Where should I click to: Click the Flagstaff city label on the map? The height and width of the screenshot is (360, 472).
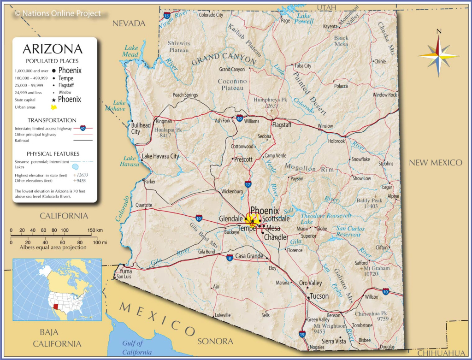282,124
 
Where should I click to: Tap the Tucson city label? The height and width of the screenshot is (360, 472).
319,296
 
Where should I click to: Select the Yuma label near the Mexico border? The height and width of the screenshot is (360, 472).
125,271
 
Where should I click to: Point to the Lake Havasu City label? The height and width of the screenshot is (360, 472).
160,156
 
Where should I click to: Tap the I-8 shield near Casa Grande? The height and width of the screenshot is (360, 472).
229,258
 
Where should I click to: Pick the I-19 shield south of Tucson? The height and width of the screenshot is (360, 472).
302,334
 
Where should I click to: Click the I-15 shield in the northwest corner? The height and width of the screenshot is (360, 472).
166,16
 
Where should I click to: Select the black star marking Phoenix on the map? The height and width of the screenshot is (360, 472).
253,221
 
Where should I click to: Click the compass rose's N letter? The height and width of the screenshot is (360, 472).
439,31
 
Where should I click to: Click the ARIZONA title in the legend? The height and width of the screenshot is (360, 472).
53,49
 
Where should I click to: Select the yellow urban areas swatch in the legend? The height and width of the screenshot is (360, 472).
54,107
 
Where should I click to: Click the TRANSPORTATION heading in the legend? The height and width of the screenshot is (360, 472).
52,120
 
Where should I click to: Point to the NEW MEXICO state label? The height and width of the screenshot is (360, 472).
435,162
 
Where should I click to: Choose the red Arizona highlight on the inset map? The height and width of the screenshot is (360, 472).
56,306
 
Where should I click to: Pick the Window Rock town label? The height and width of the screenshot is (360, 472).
385,94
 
